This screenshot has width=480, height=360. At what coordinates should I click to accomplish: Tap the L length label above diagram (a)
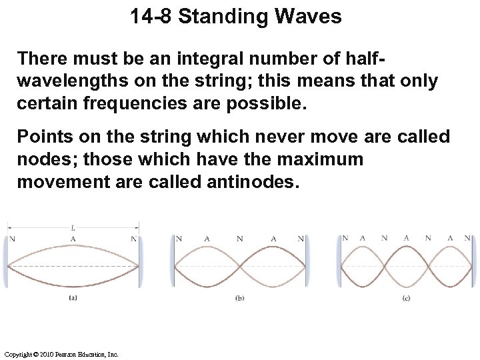tap(73, 227)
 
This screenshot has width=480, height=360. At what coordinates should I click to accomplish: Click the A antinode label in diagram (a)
tap(73, 239)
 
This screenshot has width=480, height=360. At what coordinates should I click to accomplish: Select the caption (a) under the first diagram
tap(73, 299)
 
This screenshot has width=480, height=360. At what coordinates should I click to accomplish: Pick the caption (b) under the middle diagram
tap(239, 299)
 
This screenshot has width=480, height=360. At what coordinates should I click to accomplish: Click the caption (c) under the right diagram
tap(406, 299)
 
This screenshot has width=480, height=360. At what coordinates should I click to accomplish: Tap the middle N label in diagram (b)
tap(239, 238)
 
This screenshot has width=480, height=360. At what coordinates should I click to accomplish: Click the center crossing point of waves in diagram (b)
tap(239, 267)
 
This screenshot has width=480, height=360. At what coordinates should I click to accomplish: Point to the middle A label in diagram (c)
tap(406, 237)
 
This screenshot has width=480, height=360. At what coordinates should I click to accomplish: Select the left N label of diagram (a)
tap(12, 239)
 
